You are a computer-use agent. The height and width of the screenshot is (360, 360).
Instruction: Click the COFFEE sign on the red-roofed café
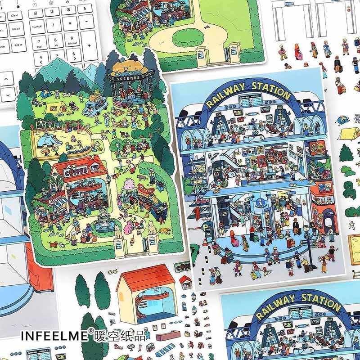click(72, 172)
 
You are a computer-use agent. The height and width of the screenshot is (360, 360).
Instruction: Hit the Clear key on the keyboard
click(14, 15)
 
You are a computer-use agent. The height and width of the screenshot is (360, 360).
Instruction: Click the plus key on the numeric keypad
click(89, 45)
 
